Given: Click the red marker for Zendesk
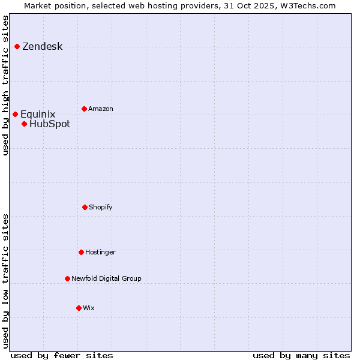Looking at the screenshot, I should point(17,46).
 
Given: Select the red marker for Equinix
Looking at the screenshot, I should point(15,114).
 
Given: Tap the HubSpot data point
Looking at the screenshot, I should point(24,124).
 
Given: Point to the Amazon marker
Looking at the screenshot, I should point(84,109).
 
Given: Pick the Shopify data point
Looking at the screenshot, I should point(85,207).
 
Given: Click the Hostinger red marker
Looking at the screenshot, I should point(81,252).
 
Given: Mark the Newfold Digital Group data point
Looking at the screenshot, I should point(67,278).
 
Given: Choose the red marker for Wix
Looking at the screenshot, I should point(79,308).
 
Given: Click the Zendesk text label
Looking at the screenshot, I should point(42,47).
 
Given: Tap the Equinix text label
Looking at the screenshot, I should point(38,115).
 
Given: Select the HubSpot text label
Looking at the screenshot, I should point(50,124).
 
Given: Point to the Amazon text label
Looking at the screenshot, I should point(101,109).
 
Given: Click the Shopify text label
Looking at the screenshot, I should point(101,208).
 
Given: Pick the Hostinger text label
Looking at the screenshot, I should point(100,253).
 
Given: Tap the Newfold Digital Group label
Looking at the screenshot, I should point(106,279).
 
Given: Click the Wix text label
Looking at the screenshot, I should point(89,308).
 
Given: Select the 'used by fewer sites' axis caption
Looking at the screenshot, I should point(62,355).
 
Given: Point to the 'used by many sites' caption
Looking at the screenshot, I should point(301,355).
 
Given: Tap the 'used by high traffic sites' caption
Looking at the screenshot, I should point(5,85).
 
